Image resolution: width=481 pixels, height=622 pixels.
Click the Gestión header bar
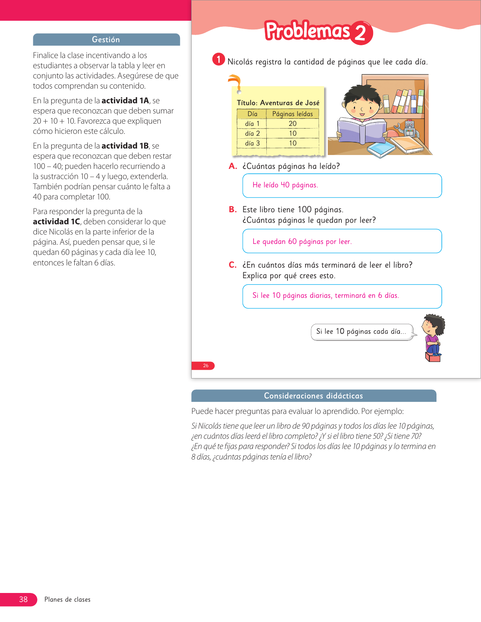(x=106, y=40)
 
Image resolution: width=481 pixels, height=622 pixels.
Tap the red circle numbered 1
(x=218, y=59)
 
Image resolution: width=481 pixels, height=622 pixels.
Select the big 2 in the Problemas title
(x=360, y=33)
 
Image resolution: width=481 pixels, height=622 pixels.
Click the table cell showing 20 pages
(x=293, y=124)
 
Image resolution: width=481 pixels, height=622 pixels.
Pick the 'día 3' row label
(x=252, y=143)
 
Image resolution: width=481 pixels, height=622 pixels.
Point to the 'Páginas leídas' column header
(x=292, y=114)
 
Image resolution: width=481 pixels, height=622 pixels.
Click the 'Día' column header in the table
(x=252, y=114)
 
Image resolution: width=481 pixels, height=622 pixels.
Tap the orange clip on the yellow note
(x=235, y=82)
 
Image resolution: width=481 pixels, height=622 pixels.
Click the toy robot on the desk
(x=409, y=129)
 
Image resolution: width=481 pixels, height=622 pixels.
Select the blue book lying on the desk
(x=381, y=149)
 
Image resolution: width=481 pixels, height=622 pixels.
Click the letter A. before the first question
(x=233, y=166)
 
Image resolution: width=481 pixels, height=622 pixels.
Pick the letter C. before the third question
(x=233, y=265)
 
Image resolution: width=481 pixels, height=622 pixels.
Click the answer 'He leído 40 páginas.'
(x=285, y=185)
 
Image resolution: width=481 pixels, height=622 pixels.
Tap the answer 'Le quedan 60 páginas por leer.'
(x=302, y=242)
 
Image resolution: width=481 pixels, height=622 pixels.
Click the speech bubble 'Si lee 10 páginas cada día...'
(x=361, y=332)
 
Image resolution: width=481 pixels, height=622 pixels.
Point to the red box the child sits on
(x=433, y=357)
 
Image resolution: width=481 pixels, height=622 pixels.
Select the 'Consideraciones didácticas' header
(x=313, y=396)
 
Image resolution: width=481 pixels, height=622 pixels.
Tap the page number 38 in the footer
(x=23, y=599)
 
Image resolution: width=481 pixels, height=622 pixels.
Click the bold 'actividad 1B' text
(x=125, y=146)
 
